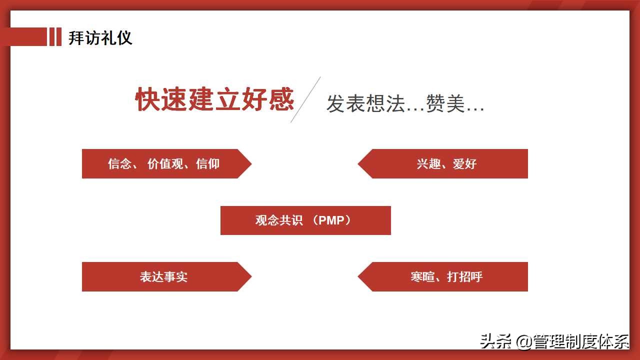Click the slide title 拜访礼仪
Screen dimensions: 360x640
click(x=100, y=37)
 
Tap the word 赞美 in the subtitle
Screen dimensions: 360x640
click(x=445, y=104)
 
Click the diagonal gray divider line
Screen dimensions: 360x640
click(x=305, y=99)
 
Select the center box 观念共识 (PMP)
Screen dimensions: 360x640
click(x=305, y=220)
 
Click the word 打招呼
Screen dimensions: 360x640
click(x=465, y=276)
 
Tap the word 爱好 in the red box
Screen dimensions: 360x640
click(x=465, y=163)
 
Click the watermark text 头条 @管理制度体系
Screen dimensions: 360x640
click(x=554, y=341)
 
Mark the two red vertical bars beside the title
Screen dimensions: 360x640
click(x=55, y=37)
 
